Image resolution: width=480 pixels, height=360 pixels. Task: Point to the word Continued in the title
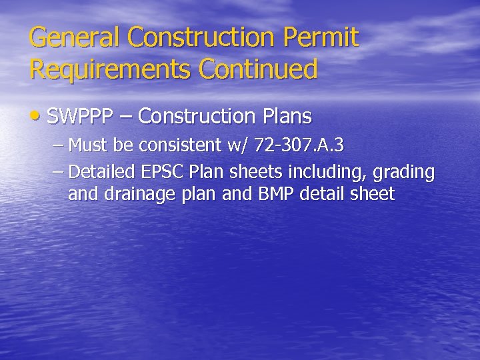[263, 69]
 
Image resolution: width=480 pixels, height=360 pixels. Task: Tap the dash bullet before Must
[58, 145]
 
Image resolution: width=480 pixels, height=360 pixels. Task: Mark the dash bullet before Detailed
[58, 173]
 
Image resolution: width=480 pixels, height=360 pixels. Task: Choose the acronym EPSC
[163, 172]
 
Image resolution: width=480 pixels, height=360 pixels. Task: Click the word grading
[403, 173]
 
